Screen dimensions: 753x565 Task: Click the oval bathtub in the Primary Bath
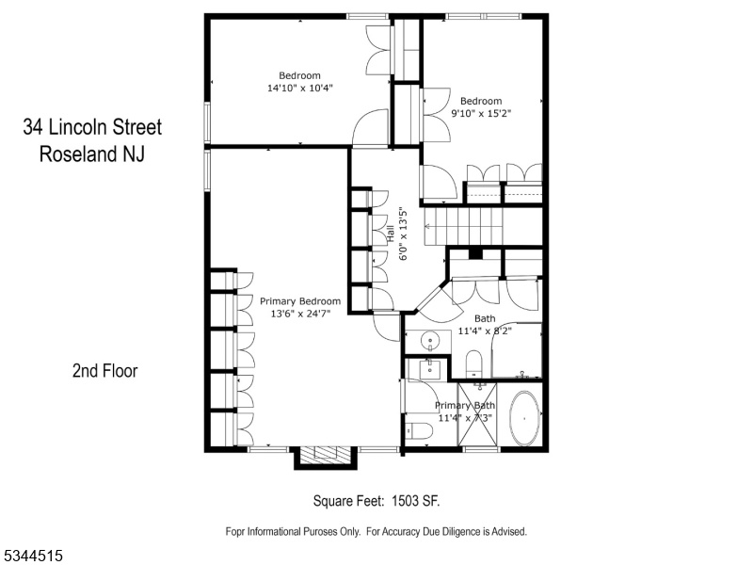click(524, 418)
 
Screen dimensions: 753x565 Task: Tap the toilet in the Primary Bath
click(418, 430)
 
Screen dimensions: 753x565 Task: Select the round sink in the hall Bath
click(430, 342)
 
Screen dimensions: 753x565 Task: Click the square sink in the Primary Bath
click(428, 369)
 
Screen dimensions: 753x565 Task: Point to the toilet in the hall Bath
click(474, 363)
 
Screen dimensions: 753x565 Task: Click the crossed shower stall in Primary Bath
click(477, 416)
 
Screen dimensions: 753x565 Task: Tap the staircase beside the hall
click(483, 226)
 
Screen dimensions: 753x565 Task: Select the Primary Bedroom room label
click(300, 301)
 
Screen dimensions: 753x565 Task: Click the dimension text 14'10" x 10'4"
click(300, 88)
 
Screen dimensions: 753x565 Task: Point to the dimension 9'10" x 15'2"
click(481, 113)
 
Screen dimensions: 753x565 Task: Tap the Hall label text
click(391, 234)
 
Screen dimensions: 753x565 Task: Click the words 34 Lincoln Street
click(92, 127)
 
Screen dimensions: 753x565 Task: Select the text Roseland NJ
click(91, 154)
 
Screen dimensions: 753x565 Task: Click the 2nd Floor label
click(104, 371)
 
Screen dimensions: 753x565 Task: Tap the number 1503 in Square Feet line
click(405, 501)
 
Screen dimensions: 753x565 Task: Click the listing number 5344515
click(32, 556)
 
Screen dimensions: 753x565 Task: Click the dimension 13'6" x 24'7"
click(300, 314)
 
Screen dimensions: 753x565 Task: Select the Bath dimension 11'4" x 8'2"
click(485, 331)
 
